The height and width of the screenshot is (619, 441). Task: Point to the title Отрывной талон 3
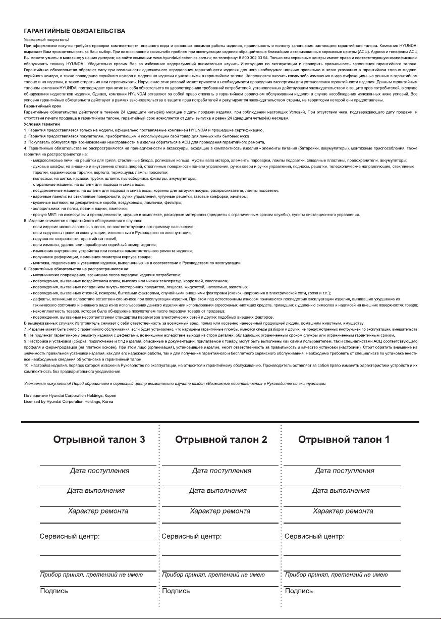click(x=99, y=439)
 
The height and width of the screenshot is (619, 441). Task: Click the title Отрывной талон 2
click(x=221, y=439)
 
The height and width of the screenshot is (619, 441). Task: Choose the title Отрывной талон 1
click(x=344, y=439)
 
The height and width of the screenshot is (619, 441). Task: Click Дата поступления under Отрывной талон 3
click(x=99, y=471)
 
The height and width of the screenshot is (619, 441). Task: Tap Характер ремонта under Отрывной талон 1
click(x=343, y=511)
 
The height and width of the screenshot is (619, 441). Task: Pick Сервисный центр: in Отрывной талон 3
click(x=70, y=536)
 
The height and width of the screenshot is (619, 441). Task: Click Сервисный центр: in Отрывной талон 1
click(x=315, y=536)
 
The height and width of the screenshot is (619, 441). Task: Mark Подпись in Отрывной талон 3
click(x=54, y=591)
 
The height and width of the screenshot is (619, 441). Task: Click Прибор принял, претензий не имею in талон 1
click(x=336, y=575)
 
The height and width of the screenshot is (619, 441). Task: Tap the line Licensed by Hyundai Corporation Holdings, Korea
click(x=69, y=401)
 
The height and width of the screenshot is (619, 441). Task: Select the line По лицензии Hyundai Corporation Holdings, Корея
click(x=70, y=396)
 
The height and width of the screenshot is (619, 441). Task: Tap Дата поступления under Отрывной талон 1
click(x=345, y=471)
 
